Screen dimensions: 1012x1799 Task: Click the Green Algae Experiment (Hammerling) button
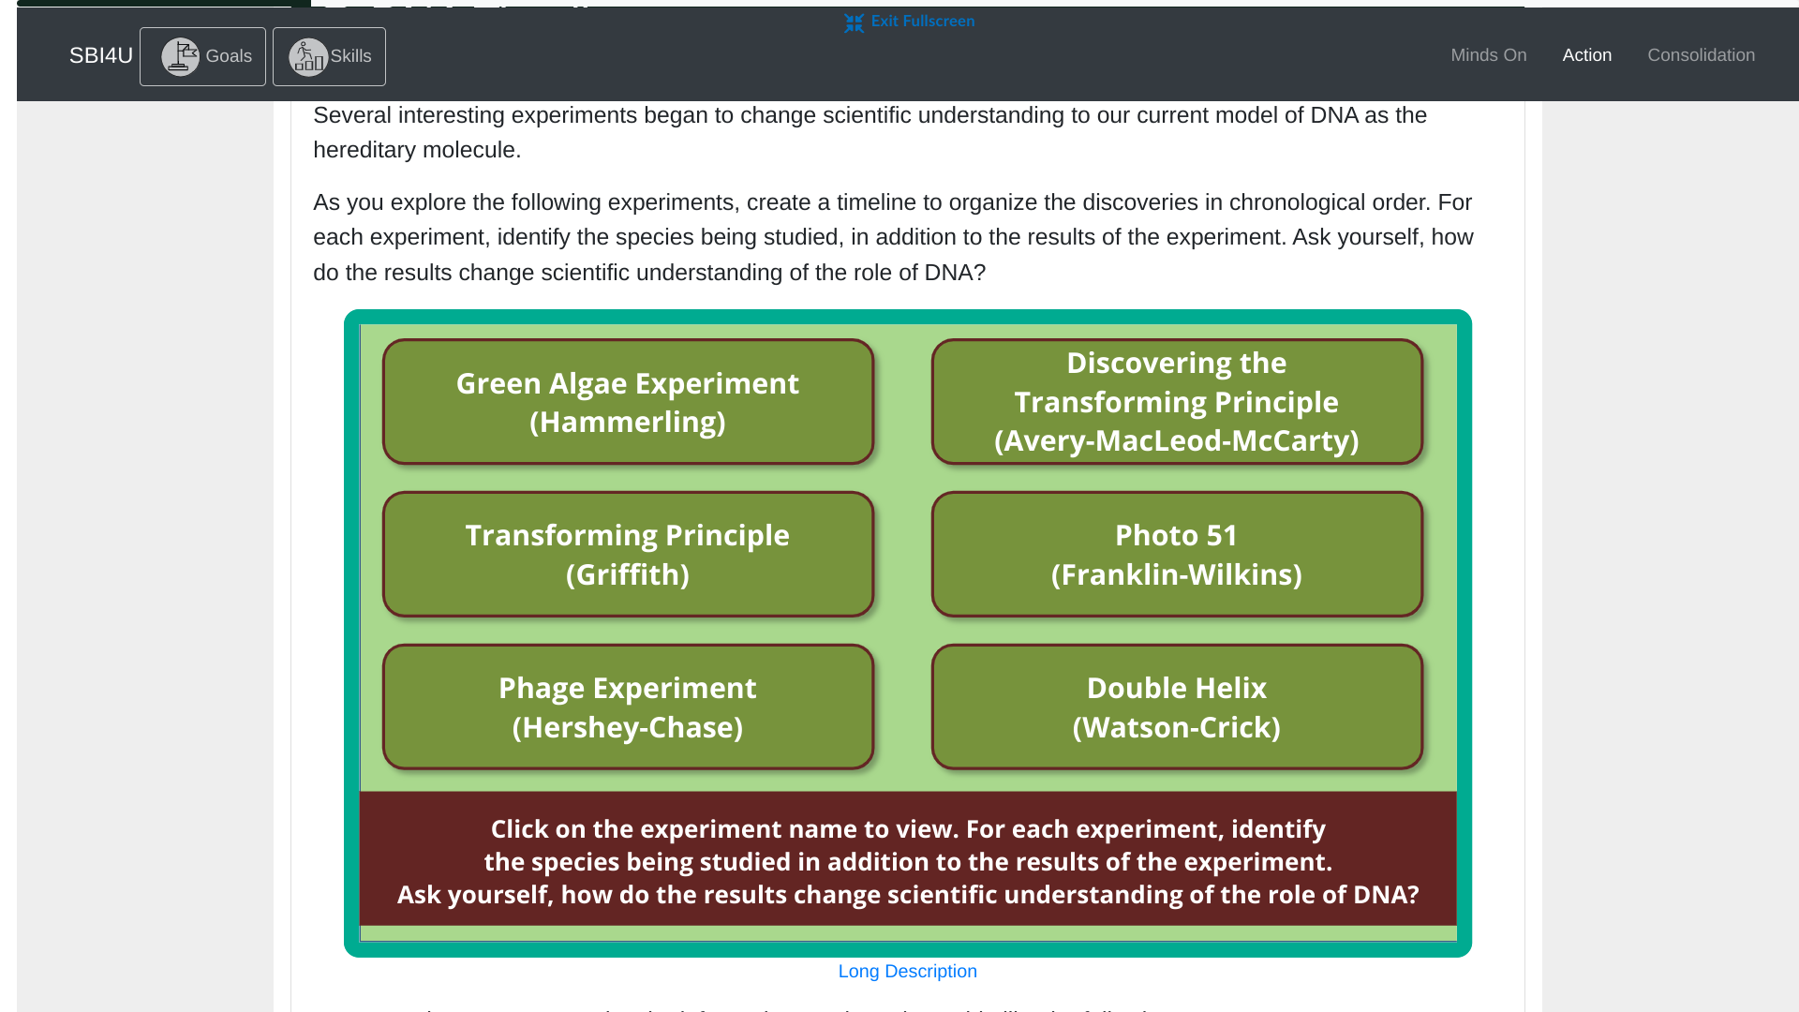[628, 402]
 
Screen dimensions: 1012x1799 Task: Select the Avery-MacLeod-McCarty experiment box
[1176, 402]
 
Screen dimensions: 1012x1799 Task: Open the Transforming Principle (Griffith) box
[628, 554]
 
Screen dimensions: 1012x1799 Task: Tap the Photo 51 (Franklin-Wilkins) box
[1176, 554]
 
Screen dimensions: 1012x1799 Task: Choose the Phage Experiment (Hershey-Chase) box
[628, 707]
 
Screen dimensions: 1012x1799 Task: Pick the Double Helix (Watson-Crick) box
[1176, 707]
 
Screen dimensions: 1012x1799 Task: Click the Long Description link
[907, 972]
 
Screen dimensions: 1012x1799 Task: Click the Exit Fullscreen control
[922, 22]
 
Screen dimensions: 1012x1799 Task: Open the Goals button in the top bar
[202, 56]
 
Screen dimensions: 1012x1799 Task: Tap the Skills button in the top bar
[329, 56]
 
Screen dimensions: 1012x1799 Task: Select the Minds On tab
[1488, 55]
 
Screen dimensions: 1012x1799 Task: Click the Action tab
[1586, 55]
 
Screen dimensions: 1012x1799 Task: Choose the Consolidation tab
[1701, 55]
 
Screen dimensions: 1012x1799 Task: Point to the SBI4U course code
[100, 55]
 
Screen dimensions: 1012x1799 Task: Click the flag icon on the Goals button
[180, 56]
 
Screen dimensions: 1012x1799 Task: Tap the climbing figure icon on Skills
[307, 56]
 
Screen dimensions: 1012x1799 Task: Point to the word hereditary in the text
[364, 150]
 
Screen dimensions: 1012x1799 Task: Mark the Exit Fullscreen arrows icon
[854, 22]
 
